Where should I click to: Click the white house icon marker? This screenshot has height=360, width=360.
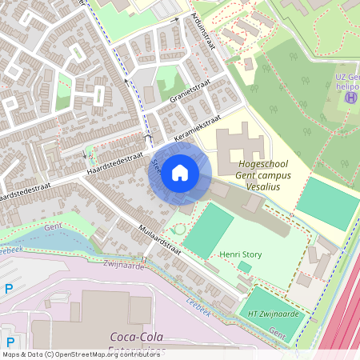point(180,173)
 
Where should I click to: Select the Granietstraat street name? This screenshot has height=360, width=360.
point(189,94)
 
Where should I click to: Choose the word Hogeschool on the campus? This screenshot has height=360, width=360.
point(262,163)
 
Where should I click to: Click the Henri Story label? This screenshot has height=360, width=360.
point(242,254)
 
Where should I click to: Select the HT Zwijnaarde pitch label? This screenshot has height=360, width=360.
point(273,314)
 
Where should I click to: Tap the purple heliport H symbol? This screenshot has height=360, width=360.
point(350,98)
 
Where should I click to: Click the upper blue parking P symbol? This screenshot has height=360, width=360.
point(9,289)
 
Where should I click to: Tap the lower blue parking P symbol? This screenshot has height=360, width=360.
point(9,330)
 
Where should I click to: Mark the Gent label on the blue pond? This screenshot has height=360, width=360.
point(54,229)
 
